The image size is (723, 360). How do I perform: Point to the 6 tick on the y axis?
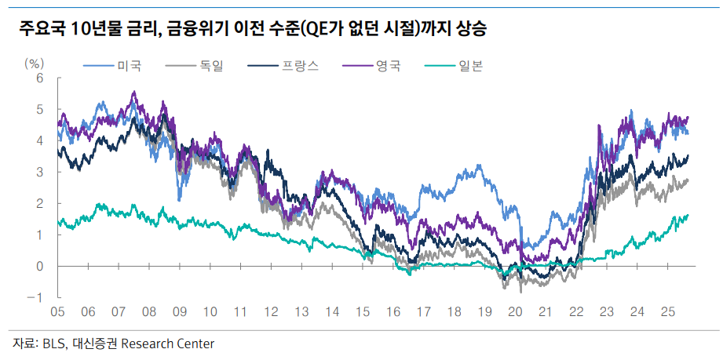pyautogui.click(x=39, y=78)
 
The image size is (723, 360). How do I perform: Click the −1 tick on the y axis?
pyautogui.click(x=35, y=297)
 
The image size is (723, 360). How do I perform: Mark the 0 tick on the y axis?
pyautogui.click(x=39, y=266)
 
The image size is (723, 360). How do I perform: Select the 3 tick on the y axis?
pyautogui.click(x=39, y=172)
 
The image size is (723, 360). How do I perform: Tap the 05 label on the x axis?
pyautogui.click(x=57, y=312)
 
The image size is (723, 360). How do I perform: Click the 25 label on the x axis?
pyautogui.click(x=667, y=312)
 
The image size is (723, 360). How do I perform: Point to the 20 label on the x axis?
pyautogui.click(x=515, y=312)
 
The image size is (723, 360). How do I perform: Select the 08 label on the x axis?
pyautogui.click(x=148, y=312)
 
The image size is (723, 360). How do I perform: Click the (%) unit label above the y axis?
pyautogui.click(x=35, y=62)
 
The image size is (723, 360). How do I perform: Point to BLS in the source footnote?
pyautogui.click(x=53, y=344)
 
